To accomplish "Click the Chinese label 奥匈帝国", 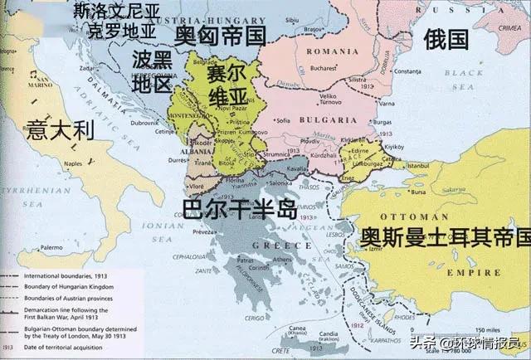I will point(220,34).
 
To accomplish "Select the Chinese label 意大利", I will point(60,129).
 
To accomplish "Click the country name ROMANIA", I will point(320,51).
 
